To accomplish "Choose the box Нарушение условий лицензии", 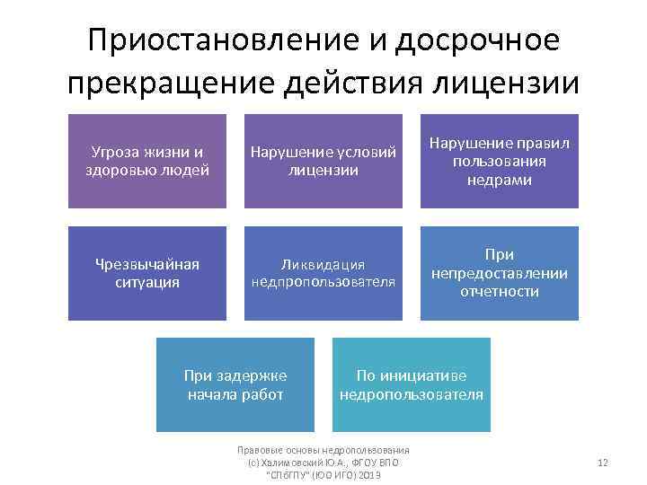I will click(x=323, y=161).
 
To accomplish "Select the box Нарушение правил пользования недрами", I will click(x=500, y=161).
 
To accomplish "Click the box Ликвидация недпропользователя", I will click(x=323, y=273).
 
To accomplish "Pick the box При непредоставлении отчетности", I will click(x=500, y=273).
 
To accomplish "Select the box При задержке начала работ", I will click(x=235, y=384).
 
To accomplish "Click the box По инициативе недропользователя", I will click(x=412, y=384).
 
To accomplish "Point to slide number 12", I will click(x=603, y=463).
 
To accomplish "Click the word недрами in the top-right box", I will click(x=500, y=180).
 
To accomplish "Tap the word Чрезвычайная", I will click(x=147, y=264).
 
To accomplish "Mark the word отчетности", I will click(x=500, y=292).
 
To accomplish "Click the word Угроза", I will click(x=118, y=152).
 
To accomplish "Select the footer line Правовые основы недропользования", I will click(x=323, y=450).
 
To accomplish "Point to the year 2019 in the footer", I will click(x=368, y=473).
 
